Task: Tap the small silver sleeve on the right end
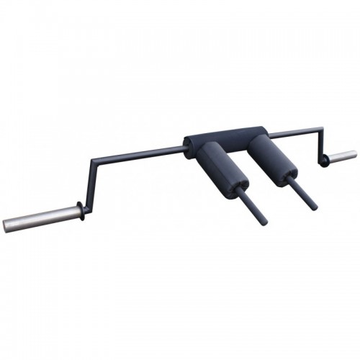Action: click(x=342, y=156)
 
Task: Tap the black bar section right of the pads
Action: click(x=292, y=133)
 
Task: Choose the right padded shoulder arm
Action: click(x=269, y=159)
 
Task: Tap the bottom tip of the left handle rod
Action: click(x=263, y=221)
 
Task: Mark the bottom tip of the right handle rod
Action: click(x=313, y=207)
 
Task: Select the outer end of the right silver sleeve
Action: click(x=354, y=154)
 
